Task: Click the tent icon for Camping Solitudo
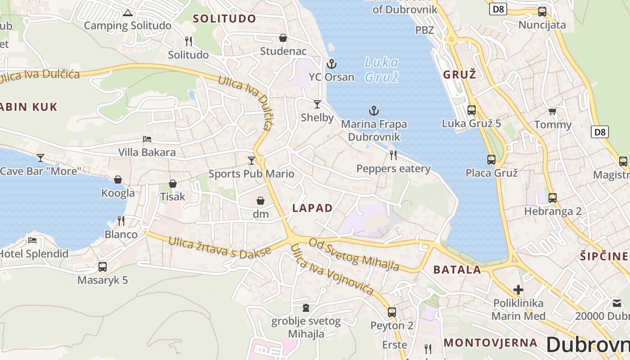[128, 13]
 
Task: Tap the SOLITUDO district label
[224, 18]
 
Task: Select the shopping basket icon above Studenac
[283, 37]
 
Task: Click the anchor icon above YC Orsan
[332, 63]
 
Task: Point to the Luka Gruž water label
[381, 69]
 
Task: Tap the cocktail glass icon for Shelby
[317, 104]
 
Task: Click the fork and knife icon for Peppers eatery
[393, 155]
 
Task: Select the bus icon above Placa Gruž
[491, 159]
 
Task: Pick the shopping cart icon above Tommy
[553, 111]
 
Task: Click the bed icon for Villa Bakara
[147, 139]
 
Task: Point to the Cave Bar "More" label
[40, 171]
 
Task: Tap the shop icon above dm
[261, 200]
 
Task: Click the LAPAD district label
[312, 208]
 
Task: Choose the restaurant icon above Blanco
[121, 220]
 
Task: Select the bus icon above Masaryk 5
[103, 266]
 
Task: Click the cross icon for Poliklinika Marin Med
[518, 289]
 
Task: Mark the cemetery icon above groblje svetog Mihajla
[306, 308]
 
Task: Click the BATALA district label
[457, 270]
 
